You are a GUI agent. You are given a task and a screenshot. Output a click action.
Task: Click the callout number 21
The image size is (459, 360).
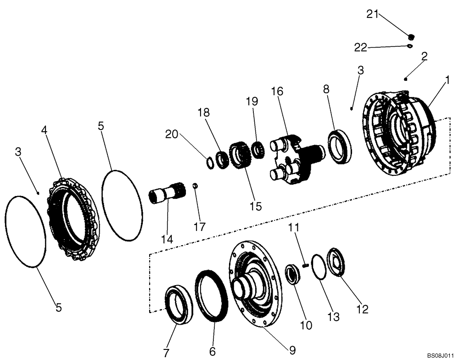(x=372, y=14)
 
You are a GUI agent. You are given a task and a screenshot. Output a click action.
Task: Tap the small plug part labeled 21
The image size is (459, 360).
(x=412, y=37)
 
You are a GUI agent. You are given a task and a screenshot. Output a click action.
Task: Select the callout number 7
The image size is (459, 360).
(x=166, y=352)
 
